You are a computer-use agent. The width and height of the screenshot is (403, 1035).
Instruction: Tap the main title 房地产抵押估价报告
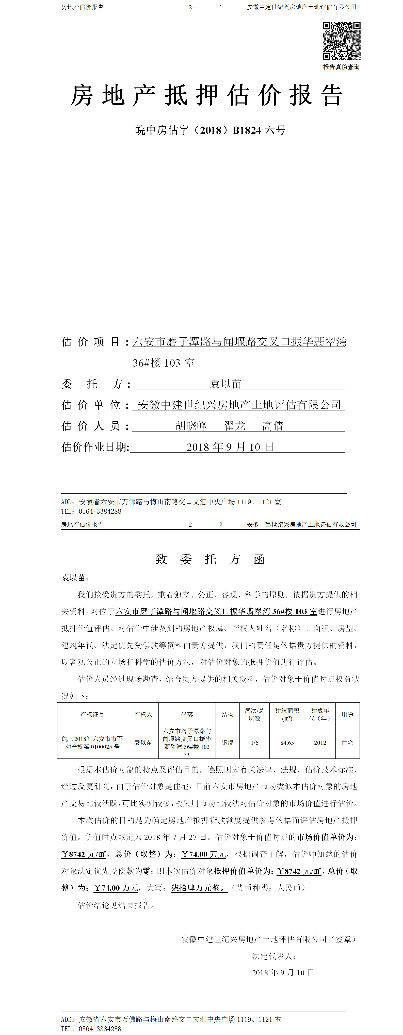(x=207, y=96)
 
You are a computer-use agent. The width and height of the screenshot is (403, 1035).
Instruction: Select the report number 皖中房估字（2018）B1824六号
(x=210, y=130)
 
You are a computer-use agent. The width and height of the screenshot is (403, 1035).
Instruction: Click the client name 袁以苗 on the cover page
(x=226, y=384)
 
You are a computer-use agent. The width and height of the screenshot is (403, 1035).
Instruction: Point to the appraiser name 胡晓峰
(x=191, y=426)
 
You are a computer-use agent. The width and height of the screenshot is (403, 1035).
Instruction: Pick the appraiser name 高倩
(x=273, y=426)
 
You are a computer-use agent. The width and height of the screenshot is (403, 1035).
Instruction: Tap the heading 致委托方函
(x=210, y=559)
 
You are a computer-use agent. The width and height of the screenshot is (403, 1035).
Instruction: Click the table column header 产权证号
(x=92, y=714)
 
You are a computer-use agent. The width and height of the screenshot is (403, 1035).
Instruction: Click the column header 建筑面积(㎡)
(x=287, y=714)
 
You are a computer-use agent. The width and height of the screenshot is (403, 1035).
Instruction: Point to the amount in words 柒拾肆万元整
(x=199, y=888)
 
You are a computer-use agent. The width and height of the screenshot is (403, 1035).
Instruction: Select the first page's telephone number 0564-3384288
(x=100, y=511)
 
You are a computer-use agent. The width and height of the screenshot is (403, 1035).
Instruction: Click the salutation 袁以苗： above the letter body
(x=75, y=578)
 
